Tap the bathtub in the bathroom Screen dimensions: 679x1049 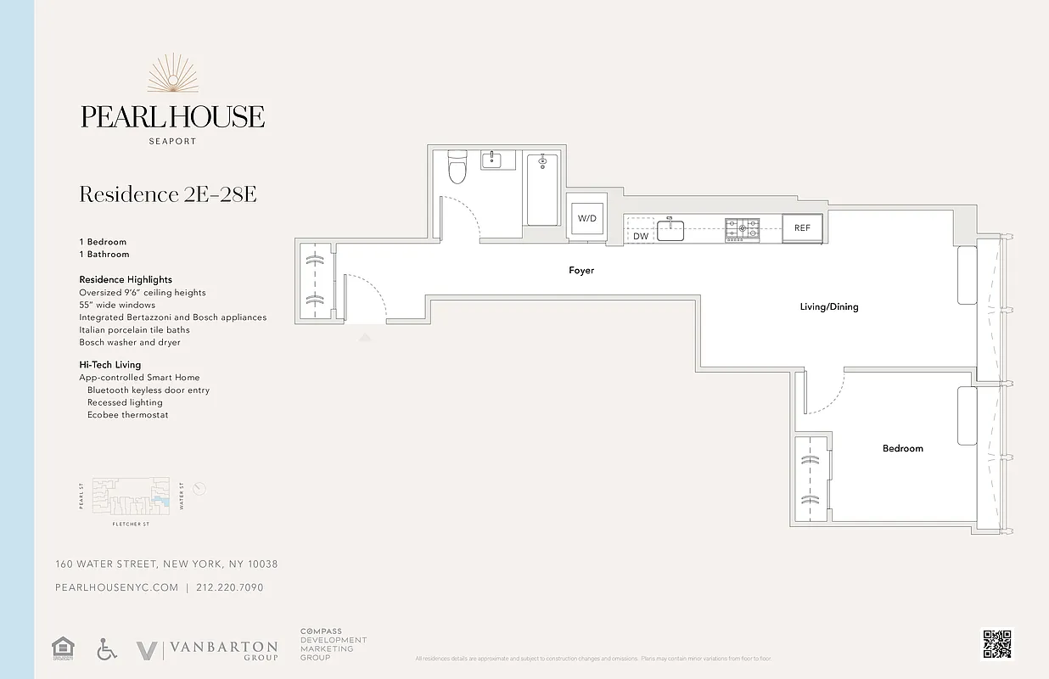542,189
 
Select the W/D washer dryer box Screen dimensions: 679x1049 587,219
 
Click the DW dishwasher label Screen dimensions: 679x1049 641,236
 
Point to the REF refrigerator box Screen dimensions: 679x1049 802,227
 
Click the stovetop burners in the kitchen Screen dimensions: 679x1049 742,227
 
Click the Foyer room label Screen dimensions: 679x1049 581,271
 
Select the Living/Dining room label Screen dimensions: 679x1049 829,306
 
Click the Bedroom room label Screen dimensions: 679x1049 902,448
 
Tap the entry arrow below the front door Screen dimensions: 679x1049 365,337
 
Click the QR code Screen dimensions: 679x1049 997,644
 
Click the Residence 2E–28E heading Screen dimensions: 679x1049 168,194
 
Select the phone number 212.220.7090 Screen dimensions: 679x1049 229,587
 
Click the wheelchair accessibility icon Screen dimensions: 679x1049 107,649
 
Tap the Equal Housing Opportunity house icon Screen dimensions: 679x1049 63,649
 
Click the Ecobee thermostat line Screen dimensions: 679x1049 127,415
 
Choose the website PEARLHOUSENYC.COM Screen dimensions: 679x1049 116,587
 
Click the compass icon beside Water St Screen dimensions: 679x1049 199,488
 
